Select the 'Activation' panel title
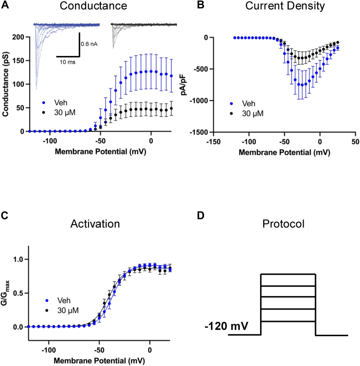pos(95,224)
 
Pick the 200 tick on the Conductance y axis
pos(17,37)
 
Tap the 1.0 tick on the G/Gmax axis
pos(19,259)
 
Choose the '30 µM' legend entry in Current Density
pos(250,113)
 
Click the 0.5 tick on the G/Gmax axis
pos(19,293)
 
